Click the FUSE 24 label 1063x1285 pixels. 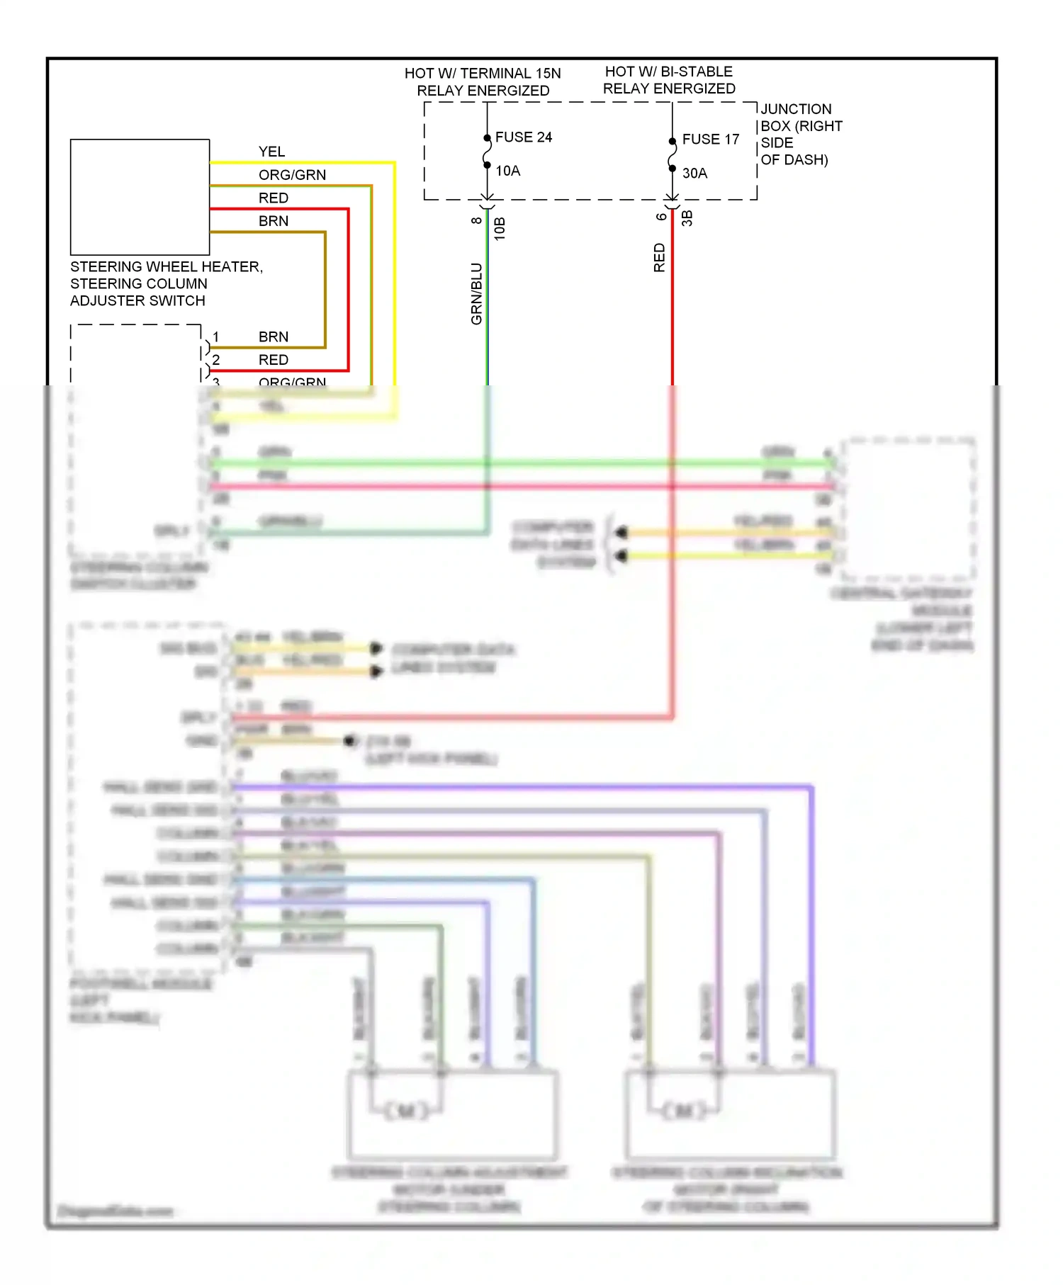point(523,137)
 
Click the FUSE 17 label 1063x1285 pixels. point(710,139)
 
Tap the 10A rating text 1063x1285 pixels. point(507,171)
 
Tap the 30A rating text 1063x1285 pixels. point(694,173)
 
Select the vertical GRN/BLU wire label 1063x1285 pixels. point(476,294)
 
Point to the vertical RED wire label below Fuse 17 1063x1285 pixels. point(659,258)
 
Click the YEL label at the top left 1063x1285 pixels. point(271,152)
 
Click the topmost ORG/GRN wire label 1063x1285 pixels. point(292,175)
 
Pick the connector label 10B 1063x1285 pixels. point(500,229)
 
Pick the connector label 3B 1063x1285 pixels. point(687,218)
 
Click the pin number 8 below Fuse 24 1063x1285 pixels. point(476,220)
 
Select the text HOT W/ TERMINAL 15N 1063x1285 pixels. point(482,74)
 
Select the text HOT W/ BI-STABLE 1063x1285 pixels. point(668,72)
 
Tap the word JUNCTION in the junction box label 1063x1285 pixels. point(796,109)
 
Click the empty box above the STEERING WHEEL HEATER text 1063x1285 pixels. point(140,197)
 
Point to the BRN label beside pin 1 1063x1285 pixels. point(273,336)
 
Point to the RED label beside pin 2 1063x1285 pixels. point(273,360)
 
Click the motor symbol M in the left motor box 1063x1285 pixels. point(406,1111)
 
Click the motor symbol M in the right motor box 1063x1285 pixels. point(684,1111)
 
